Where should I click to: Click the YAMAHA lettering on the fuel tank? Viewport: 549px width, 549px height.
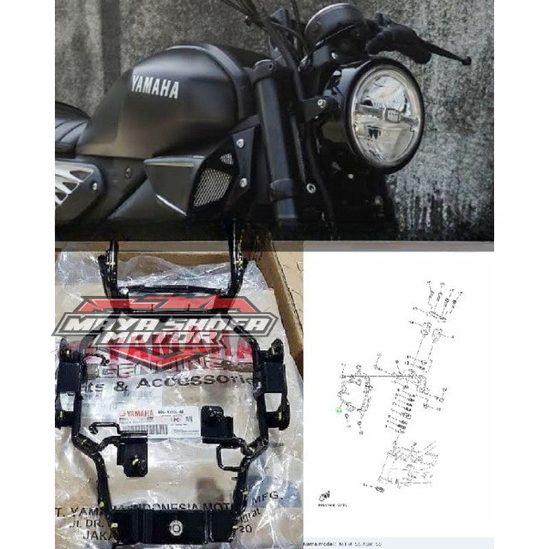point(155,87)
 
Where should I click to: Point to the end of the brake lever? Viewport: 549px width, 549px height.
point(466,60)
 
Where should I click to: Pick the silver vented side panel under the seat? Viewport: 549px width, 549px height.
point(75,183)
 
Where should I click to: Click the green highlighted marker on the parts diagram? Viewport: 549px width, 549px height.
point(339,411)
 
